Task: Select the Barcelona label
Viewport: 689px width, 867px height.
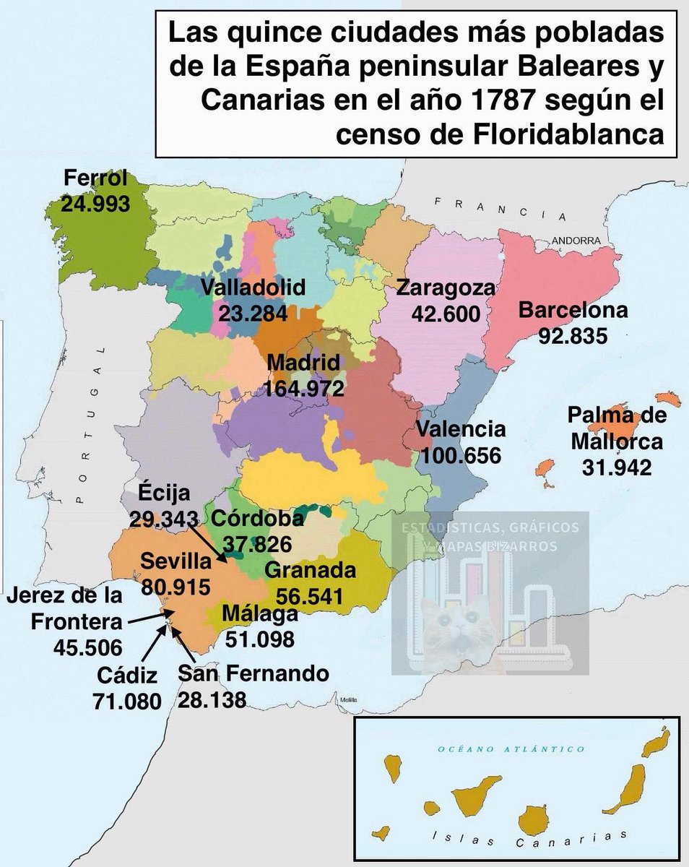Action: (x=573, y=311)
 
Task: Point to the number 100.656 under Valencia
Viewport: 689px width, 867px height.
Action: (x=461, y=456)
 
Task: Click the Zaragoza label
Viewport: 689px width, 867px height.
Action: (x=446, y=288)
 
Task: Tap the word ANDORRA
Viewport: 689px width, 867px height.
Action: (x=576, y=240)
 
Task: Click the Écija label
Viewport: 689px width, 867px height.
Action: (x=163, y=494)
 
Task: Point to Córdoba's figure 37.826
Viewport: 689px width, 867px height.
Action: (x=258, y=543)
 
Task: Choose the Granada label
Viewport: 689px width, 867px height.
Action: (x=311, y=571)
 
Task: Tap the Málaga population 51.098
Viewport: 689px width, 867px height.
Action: (x=260, y=639)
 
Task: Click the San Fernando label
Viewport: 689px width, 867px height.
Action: (x=253, y=674)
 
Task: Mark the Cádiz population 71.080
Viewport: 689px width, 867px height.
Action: (x=127, y=700)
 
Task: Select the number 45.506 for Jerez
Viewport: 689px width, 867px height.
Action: (x=87, y=646)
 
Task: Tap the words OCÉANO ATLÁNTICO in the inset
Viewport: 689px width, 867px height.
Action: (x=512, y=749)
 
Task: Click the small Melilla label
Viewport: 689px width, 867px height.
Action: (x=350, y=700)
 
